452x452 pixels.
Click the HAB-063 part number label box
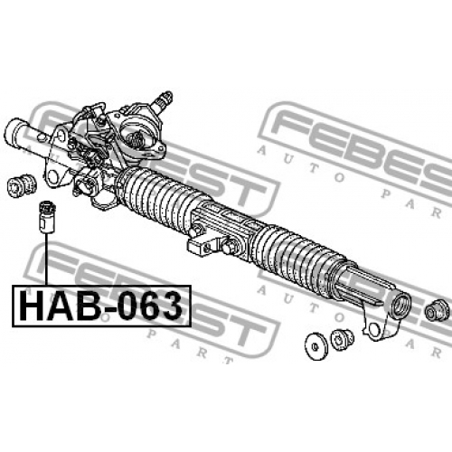pos(102,306)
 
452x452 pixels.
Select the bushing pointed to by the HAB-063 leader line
pos(47,216)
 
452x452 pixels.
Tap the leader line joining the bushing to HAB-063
pos(47,259)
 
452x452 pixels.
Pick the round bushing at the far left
pos(21,185)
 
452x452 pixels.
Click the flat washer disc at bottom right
pos(315,346)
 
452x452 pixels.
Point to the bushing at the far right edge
pos(437,311)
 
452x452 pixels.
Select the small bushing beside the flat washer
pos(342,340)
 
